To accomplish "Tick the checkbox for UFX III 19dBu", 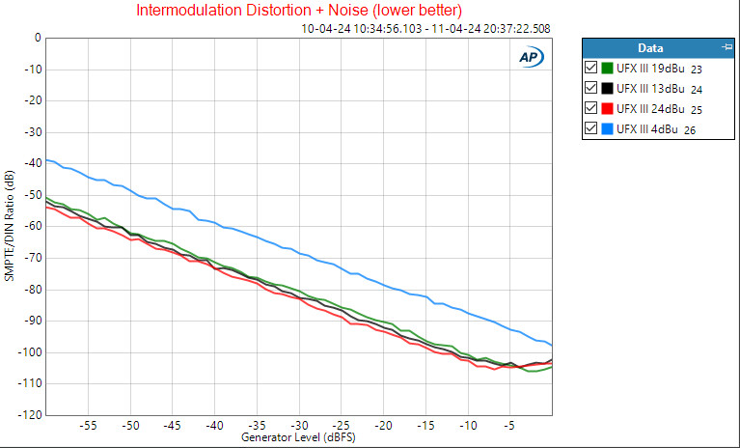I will (591, 68).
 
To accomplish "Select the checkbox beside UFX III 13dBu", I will (591, 88).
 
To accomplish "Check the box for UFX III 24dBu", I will (591, 108).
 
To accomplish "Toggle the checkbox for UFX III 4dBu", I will (591, 128).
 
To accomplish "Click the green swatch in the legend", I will (608, 68).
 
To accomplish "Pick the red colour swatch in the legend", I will (608, 108).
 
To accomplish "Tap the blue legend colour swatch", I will (608, 128).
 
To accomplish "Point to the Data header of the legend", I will (650, 47).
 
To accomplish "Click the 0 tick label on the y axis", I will (38, 39).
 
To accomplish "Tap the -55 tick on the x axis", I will (89, 426).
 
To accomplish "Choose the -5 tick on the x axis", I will (510, 426).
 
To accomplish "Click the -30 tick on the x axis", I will (299, 426).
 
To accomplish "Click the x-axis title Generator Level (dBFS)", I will (298, 438).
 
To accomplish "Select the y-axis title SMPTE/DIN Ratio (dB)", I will (10, 226).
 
